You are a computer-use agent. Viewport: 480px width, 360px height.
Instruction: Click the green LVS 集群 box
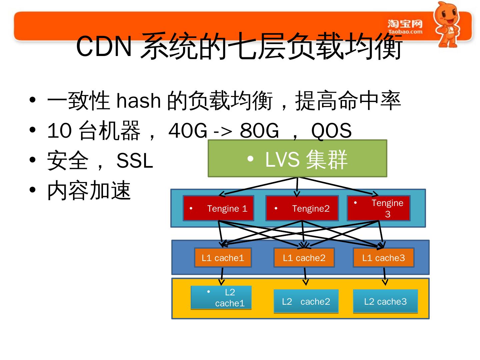click(x=297, y=158)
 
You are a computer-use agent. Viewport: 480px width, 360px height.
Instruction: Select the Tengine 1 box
click(x=218, y=208)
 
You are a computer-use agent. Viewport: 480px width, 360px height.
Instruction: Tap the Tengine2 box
click(x=302, y=208)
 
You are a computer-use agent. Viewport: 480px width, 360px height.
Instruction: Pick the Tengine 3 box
click(x=379, y=208)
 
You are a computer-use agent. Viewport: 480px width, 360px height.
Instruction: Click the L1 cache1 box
click(x=223, y=258)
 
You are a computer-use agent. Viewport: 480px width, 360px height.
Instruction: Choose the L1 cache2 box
click(x=304, y=258)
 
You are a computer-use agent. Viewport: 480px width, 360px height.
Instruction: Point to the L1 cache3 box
click(x=383, y=258)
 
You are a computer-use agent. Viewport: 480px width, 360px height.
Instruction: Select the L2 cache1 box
click(x=221, y=298)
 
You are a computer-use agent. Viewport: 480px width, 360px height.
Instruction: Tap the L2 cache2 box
click(x=306, y=301)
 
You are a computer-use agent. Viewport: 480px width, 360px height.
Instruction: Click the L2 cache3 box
click(x=385, y=301)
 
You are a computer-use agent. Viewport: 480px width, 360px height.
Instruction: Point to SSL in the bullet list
click(x=135, y=161)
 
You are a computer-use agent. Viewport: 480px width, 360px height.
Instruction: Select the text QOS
click(x=331, y=130)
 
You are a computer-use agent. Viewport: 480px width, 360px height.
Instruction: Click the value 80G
click(x=259, y=130)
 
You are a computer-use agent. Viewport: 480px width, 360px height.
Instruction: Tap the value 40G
click(x=188, y=130)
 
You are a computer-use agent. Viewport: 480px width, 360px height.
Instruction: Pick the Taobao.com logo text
click(x=405, y=32)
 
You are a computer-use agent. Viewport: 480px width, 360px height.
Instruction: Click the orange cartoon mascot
click(x=448, y=24)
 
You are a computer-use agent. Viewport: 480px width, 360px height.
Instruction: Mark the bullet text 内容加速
click(x=89, y=191)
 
